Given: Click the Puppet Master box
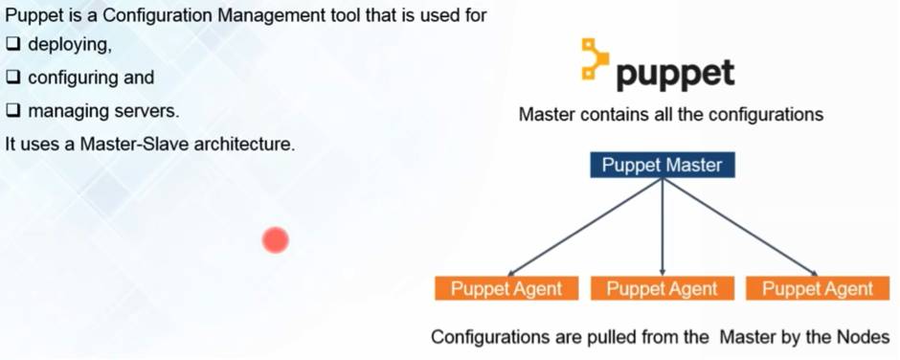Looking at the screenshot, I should coord(662,165).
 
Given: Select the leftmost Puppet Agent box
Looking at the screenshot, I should coord(506,288).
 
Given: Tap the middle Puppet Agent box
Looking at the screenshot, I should coord(662,288).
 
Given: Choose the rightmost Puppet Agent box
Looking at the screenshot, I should coord(818,288).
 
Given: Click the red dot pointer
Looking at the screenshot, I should coord(276,239).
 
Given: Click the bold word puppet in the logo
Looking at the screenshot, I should coord(676,74).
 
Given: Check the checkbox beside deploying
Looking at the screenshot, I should coord(13,44).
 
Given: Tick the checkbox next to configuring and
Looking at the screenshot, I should coord(13,78).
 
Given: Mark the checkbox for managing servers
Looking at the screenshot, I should coord(13,111).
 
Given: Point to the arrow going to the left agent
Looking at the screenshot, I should coord(585,227).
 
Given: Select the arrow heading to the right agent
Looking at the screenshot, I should coord(740,227).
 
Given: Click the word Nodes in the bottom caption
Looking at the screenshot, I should coord(866,337).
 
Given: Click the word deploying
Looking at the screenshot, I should coord(70,44).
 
